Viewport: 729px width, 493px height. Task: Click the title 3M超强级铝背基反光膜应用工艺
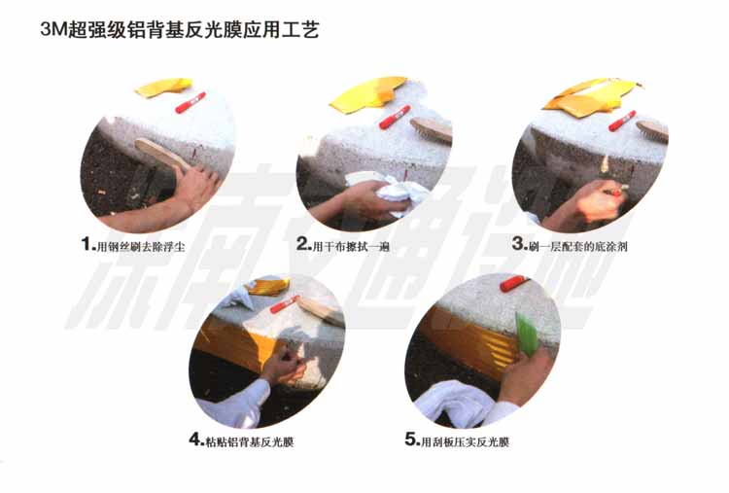(180, 30)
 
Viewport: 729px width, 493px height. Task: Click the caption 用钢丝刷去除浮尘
(141, 247)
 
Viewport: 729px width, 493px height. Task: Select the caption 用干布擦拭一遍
(351, 247)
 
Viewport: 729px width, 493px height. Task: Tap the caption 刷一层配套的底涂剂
(578, 246)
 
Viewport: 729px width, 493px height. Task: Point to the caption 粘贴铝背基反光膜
(250, 441)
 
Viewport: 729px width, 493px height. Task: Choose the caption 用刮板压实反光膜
(465, 441)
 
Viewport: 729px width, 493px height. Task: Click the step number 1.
(87, 244)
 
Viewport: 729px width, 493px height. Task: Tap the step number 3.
(519, 244)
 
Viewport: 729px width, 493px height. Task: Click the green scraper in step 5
(527, 334)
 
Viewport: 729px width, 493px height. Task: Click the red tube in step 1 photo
(191, 102)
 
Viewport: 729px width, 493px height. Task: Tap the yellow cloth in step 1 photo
(162, 87)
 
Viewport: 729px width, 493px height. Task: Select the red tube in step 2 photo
(395, 117)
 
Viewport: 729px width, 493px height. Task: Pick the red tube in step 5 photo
(514, 283)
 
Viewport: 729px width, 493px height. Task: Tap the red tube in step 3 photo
(622, 121)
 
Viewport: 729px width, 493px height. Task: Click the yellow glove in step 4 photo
(267, 287)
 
